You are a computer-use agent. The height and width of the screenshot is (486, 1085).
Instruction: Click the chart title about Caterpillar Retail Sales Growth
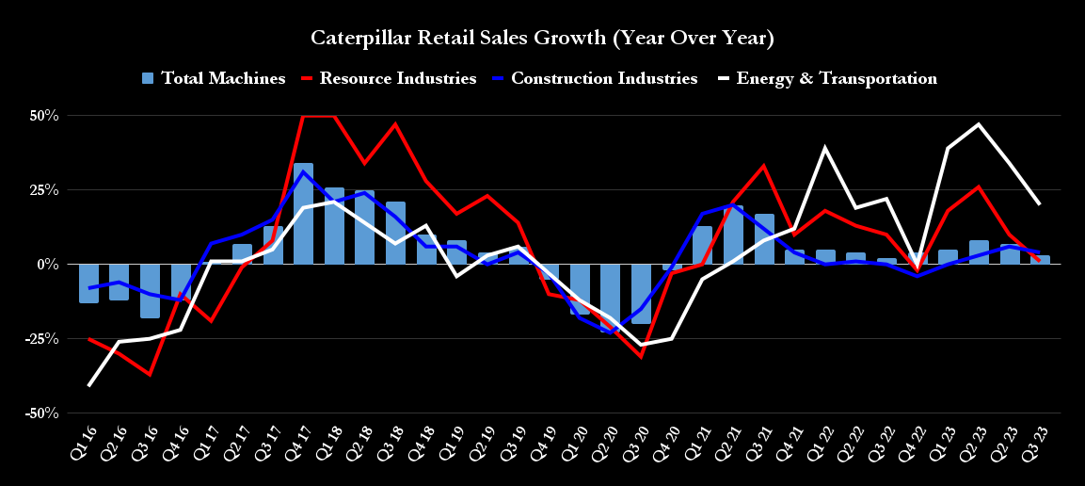542,39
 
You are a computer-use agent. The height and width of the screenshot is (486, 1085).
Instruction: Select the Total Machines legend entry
214,78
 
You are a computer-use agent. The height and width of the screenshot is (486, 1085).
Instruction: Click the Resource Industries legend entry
388,78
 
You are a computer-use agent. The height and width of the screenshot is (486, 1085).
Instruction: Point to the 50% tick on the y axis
45,116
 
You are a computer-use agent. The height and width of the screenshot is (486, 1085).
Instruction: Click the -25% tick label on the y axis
43,338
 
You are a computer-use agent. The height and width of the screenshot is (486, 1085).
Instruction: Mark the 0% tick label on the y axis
49,265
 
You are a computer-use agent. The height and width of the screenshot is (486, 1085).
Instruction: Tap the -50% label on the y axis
43,413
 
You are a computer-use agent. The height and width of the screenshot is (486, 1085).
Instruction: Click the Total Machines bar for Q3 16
151,291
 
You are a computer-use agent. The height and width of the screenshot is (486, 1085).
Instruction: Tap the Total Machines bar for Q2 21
733,235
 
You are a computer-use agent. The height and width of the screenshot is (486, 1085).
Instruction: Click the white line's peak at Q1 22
825,147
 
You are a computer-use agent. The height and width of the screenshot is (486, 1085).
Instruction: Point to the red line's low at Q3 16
151,375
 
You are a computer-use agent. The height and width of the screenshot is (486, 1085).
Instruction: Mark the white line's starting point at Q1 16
89,385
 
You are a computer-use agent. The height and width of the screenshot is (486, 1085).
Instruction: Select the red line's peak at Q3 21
764,166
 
